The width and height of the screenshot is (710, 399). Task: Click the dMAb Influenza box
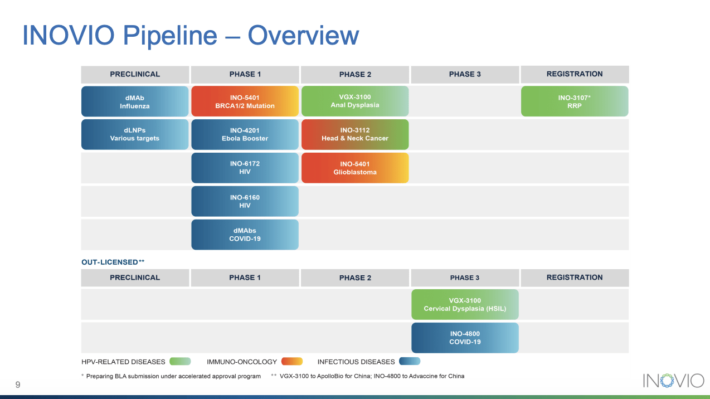click(135, 101)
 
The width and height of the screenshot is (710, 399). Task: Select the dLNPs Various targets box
click(135, 134)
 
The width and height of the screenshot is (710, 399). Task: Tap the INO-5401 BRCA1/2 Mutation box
click(245, 101)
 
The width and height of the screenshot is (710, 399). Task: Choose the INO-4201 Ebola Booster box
click(245, 134)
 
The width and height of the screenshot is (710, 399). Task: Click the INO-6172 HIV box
click(245, 168)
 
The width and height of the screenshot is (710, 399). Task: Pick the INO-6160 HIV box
click(245, 201)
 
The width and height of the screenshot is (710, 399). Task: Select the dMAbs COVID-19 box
click(245, 235)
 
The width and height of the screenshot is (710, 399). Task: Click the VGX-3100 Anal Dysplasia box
click(355, 101)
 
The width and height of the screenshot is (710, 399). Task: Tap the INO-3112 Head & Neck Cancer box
click(355, 134)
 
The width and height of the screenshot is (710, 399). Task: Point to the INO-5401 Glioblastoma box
click(355, 168)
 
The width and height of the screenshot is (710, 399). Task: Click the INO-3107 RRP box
click(575, 101)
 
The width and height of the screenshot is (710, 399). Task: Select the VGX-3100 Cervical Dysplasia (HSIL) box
click(465, 304)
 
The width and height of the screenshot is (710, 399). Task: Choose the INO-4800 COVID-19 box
click(465, 338)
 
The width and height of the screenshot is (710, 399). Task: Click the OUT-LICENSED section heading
click(113, 262)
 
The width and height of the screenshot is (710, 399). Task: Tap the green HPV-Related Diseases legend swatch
click(180, 361)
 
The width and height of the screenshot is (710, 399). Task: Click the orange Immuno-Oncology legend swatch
click(292, 361)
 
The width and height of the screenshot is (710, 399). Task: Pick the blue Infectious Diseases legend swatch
click(410, 361)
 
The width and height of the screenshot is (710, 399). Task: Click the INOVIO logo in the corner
click(673, 381)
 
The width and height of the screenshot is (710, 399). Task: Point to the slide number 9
click(18, 385)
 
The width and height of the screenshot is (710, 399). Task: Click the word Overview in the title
click(303, 36)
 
